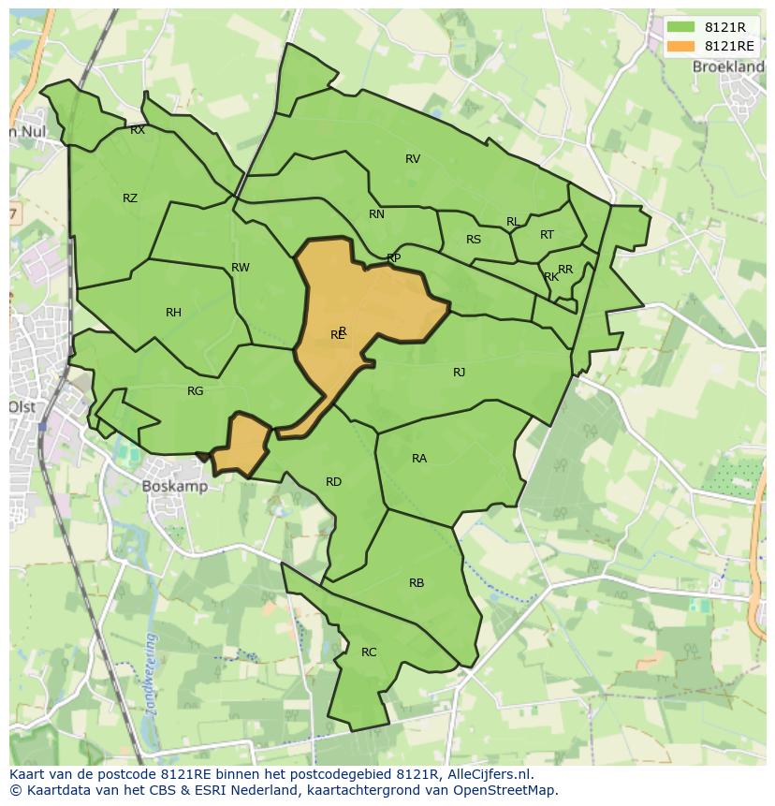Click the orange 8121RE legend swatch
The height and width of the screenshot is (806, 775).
click(680, 46)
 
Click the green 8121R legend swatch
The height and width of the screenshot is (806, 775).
click(680, 27)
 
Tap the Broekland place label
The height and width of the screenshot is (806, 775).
click(727, 66)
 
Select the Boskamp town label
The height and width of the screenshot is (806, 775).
click(174, 486)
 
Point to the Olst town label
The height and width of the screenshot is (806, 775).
click(21, 407)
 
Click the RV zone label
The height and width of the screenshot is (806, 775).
click(413, 159)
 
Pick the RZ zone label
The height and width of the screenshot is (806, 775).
click(130, 198)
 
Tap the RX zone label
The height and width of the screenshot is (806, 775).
click(138, 131)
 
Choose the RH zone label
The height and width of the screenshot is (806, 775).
click(173, 313)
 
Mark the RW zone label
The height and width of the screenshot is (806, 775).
click(241, 268)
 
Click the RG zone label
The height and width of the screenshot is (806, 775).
click(195, 391)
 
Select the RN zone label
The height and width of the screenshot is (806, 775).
click(376, 214)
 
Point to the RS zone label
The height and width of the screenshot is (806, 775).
click(474, 240)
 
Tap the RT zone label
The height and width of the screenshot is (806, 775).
click(547, 235)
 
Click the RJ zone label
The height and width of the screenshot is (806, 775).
click(459, 373)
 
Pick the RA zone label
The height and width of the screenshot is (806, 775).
click(419, 459)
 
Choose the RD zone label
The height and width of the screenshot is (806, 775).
click(333, 482)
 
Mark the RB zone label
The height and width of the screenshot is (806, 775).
click(417, 583)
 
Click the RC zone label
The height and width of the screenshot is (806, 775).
click(369, 652)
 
